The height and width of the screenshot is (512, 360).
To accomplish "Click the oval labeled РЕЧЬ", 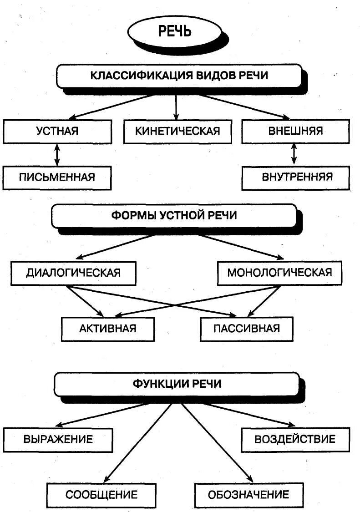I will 175,31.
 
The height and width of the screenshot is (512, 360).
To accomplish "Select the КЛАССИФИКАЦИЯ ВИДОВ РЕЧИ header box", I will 179,76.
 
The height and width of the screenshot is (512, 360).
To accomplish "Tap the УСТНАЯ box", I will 57,131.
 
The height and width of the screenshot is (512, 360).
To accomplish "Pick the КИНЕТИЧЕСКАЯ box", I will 177,131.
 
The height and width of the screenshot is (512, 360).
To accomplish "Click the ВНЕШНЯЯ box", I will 295,131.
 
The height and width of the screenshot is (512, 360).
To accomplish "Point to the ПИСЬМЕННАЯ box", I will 57,177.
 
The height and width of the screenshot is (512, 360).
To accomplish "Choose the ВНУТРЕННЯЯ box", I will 295,177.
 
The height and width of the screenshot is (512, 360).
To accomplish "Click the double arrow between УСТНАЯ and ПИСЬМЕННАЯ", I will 57,155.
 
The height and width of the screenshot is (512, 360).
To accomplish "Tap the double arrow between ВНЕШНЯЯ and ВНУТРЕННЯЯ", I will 294,154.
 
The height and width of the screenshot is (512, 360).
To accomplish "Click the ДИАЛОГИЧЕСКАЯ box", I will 73,273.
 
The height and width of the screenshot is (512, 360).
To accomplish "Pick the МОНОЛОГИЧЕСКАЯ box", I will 279,273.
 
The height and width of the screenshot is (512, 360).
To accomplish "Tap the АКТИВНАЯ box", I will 107,328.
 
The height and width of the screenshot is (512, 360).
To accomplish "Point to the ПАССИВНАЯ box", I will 247,328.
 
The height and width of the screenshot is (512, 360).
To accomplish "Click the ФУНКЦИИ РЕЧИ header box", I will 177,384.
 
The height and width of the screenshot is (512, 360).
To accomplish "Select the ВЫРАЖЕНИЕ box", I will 58,439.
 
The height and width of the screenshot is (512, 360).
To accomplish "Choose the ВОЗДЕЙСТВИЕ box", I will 295,439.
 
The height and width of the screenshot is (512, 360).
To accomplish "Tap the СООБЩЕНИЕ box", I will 101,495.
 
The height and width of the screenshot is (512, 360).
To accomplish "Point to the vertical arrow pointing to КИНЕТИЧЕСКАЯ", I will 176,107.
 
